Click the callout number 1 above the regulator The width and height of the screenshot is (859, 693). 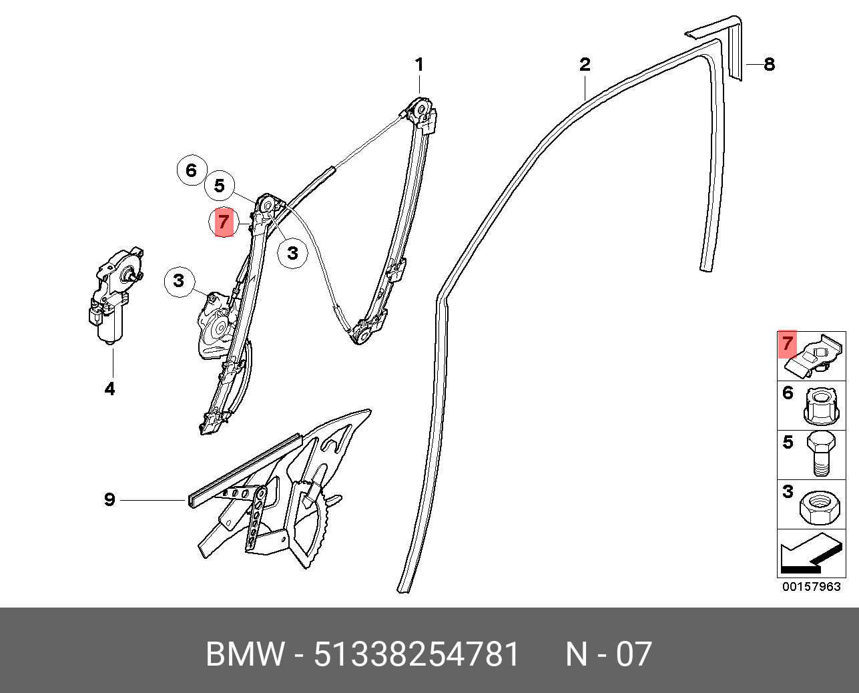tap(419, 65)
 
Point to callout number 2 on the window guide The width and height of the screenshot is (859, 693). tap(585, 65)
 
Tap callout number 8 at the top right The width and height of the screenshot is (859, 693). tap(769, 65)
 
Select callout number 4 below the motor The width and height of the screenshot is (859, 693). tap(109, 389)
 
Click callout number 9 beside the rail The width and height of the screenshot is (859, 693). tap(109, 499)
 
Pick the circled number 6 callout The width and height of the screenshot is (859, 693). tap(192, 170)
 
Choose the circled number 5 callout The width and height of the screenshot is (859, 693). tap(220, 186)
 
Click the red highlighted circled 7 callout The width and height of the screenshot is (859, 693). tap(224, 222)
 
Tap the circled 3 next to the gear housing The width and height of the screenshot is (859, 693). tap(179, 281)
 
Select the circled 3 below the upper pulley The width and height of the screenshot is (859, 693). tap(292, 253)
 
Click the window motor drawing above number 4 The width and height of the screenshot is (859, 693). tap(115, 294)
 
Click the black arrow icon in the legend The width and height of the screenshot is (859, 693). tap(809, 555)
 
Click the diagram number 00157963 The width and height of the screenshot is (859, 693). tap(812, 587)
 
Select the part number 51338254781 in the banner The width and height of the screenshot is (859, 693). tap(416, 654)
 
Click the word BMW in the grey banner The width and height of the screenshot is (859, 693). tap(245, 654)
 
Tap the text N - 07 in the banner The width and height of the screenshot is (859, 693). tap(608, 654)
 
